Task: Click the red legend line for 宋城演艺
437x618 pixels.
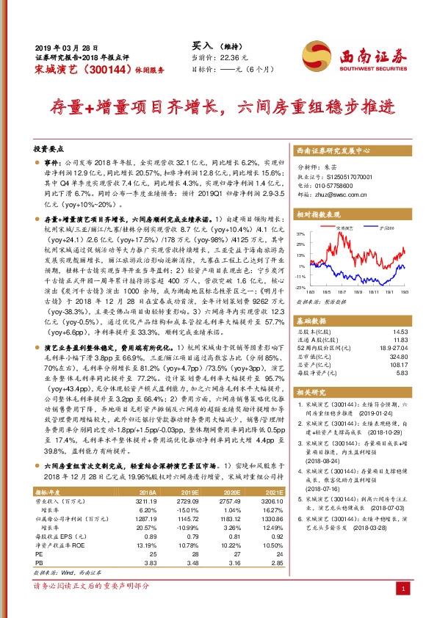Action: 329,229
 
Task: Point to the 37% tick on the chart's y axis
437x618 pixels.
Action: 302,233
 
